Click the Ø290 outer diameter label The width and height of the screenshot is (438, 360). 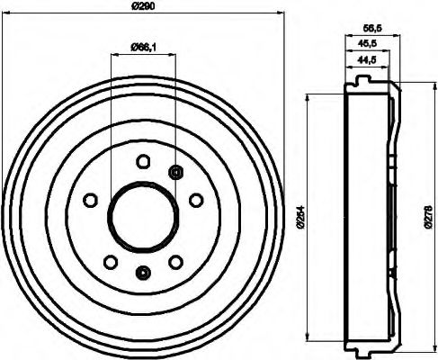point(145,7)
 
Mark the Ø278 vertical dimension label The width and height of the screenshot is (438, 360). point(426,218)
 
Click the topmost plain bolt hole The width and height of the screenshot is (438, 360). point(142,162)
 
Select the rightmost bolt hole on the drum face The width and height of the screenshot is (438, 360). point(195,201)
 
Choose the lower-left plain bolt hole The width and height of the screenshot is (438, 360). point(109,262)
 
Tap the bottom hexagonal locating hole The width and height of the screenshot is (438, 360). point(141,273)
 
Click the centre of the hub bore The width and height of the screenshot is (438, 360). point(142,217)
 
